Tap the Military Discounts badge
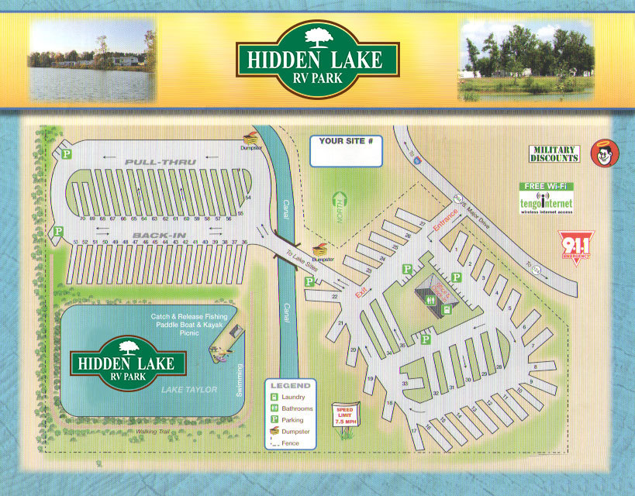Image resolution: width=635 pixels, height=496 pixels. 554,153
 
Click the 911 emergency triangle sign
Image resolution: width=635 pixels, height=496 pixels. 575,247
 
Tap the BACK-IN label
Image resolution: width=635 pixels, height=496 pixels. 152,234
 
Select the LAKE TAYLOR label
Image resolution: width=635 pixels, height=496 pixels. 189,389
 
